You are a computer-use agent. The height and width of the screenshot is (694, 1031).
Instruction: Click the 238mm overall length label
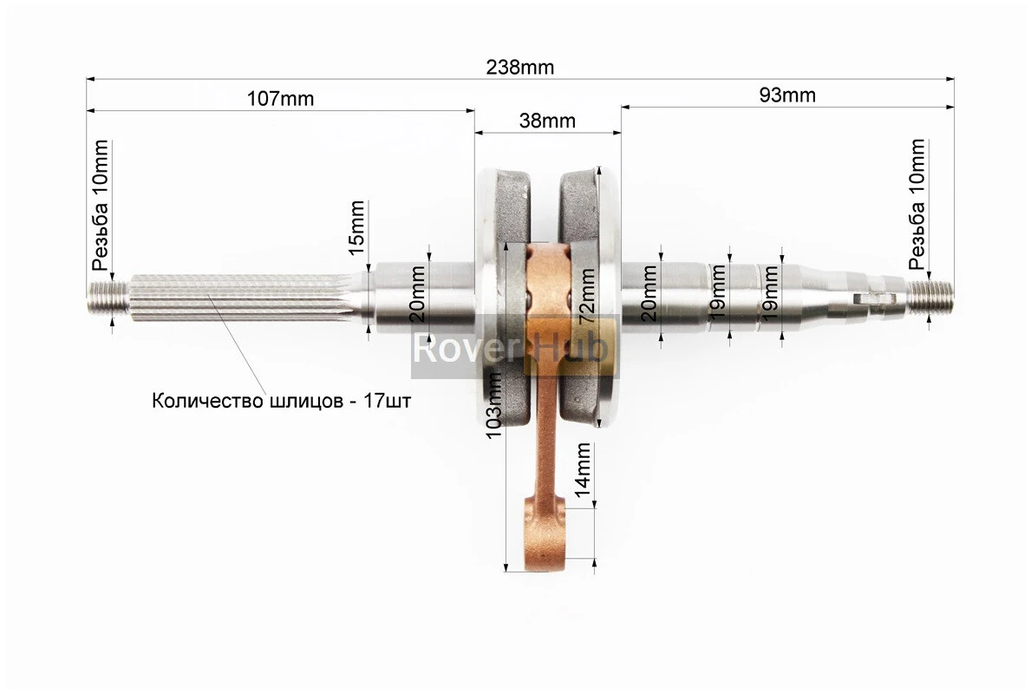click(x=519, y=68)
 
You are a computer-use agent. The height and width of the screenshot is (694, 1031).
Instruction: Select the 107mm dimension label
click(x=280, y=98)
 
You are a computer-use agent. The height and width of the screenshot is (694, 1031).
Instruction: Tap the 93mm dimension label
click(x=787, y=95)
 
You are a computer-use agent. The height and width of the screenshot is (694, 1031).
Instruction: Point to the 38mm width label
click(x=547, y=121)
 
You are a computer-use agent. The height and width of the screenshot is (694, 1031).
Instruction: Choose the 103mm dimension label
click(x=494, y=405)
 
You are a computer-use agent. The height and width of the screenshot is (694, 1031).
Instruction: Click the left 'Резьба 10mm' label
click(x=101, y=205)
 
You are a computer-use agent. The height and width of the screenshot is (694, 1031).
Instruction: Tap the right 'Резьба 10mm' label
click(x=917, y=205)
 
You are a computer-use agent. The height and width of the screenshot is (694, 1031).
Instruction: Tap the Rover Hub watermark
click(x=512, y=348)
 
